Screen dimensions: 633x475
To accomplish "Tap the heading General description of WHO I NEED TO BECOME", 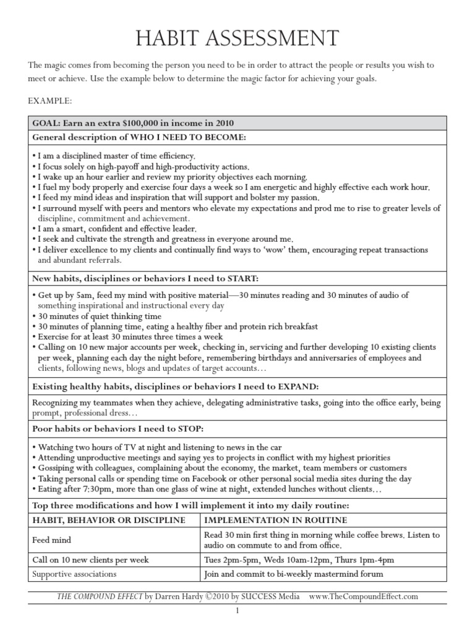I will [139, 137].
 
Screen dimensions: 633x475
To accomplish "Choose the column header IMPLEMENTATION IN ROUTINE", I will [275, 520].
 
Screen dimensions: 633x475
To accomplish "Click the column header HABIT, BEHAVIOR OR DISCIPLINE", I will [109, 520].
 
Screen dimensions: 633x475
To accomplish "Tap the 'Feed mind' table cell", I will [51, 540].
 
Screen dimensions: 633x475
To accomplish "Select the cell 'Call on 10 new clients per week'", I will [90, 560].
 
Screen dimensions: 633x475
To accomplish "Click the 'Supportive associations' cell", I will [75, 574].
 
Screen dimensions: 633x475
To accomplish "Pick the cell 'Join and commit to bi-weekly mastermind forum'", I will [294, 574].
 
